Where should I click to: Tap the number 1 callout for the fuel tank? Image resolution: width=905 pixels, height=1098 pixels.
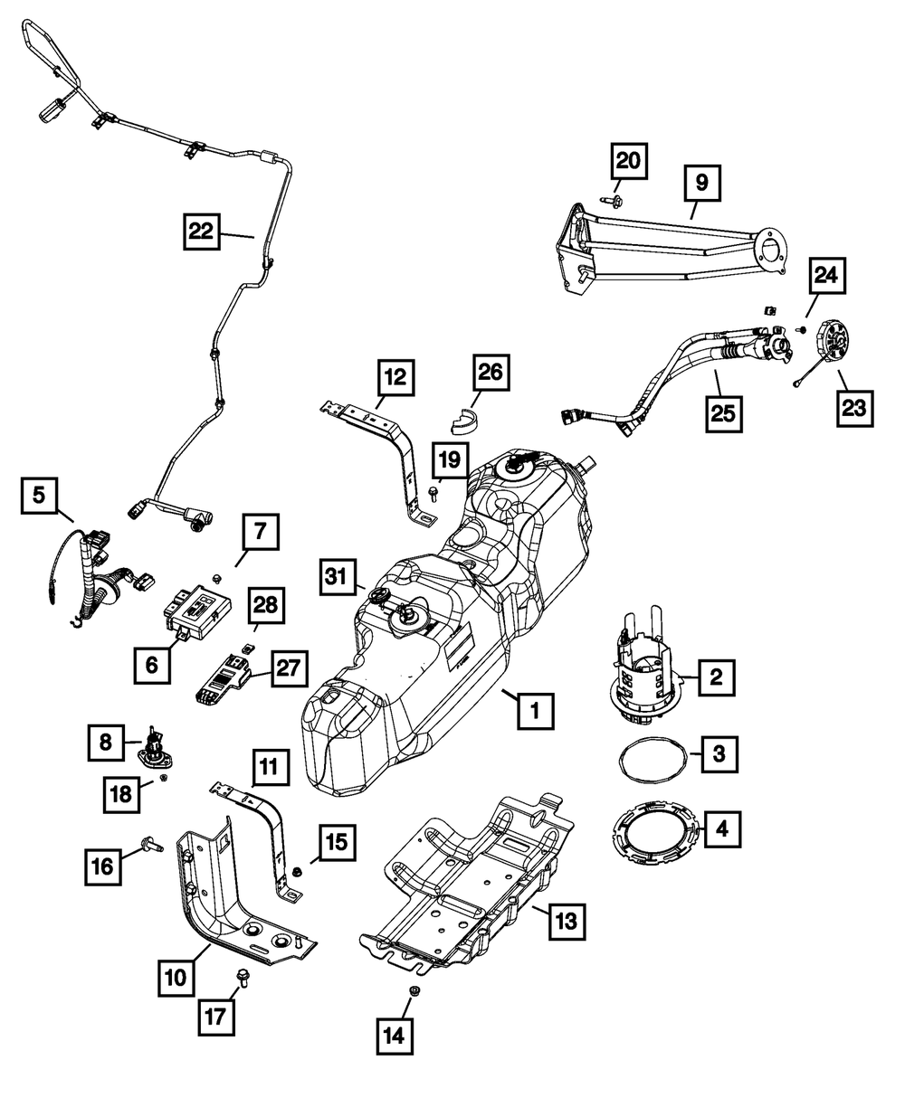[x=535, y=712]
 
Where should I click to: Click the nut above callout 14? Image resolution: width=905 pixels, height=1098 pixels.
[x=414, y=992]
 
